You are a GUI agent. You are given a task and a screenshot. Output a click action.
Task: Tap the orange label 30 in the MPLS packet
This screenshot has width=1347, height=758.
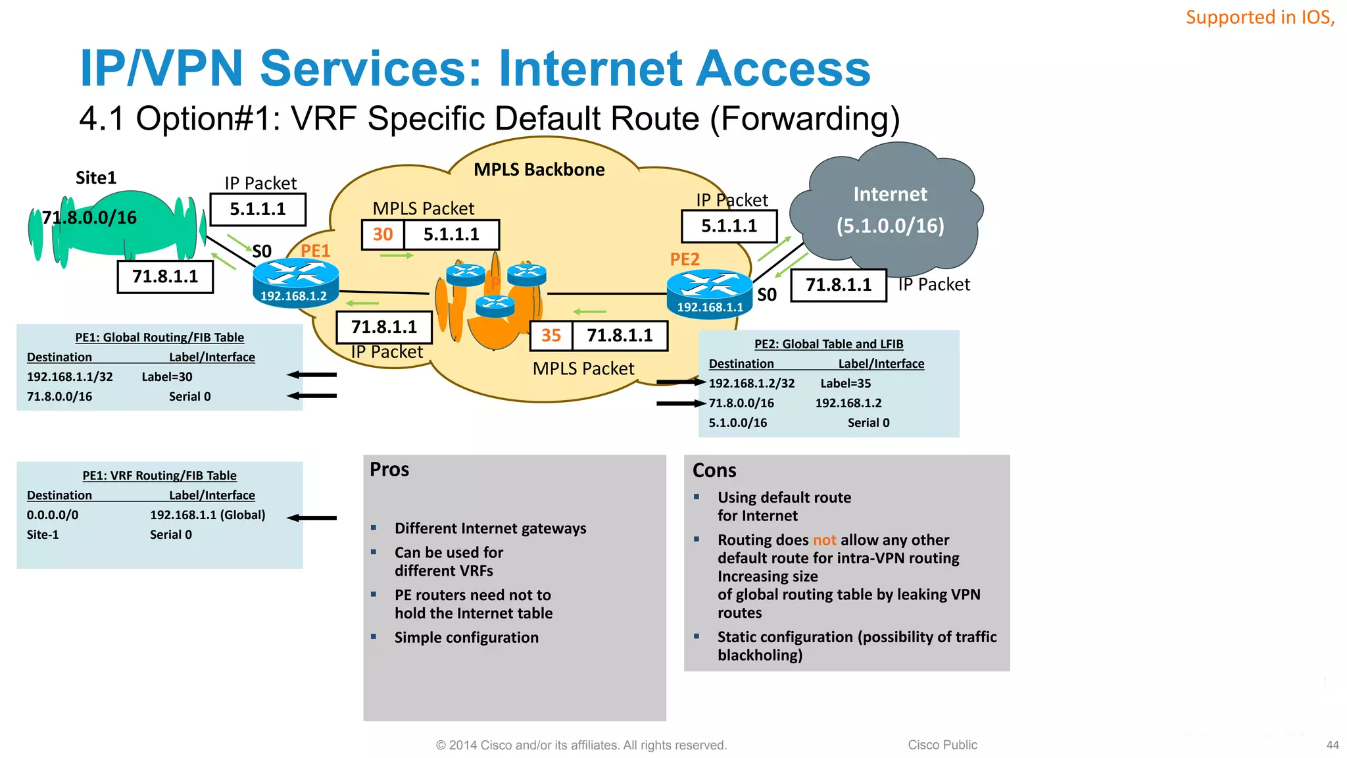point(383,234)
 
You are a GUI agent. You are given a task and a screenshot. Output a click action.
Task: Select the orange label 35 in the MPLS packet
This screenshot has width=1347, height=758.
point(551,336)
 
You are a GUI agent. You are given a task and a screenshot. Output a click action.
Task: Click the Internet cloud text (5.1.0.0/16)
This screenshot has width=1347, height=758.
point(890,226)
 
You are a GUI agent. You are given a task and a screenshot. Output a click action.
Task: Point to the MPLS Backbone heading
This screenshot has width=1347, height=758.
point(539,170)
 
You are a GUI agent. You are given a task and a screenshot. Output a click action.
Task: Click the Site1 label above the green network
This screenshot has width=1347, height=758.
point(96,178)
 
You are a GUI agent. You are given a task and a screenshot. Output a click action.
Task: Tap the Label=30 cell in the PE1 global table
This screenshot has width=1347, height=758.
point(167,377)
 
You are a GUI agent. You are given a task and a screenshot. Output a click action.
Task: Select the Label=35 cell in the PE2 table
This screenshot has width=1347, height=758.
point(845,384)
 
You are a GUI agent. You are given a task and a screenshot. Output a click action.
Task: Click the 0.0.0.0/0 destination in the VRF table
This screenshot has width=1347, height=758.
point(53,515)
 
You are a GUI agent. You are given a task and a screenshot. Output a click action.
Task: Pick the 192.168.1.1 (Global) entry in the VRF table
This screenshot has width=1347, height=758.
point(207,515)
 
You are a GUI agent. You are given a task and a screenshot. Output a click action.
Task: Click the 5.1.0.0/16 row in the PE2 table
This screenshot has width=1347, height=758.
point(737,423)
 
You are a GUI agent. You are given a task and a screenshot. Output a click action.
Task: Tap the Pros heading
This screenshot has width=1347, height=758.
point(389,470)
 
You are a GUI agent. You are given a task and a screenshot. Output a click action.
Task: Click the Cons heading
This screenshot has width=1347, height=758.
point(714,470)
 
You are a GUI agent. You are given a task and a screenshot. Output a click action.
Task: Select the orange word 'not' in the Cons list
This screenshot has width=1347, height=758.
point(824,540)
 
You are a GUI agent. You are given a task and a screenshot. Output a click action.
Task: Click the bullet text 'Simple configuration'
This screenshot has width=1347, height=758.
point(466,638)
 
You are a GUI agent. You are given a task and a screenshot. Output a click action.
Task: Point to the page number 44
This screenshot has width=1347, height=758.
point(1333,745)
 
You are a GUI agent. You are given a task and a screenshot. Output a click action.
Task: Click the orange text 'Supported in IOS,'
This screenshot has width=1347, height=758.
point(1260,17)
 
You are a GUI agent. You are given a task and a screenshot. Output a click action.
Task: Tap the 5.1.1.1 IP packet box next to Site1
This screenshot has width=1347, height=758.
point(258,209)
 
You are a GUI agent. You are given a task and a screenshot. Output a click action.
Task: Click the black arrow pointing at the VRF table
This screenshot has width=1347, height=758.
point(312,518)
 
